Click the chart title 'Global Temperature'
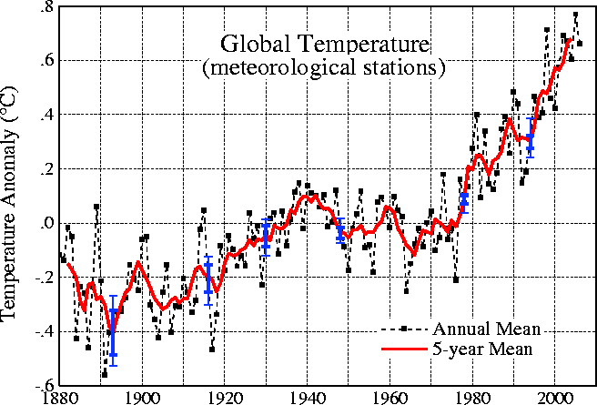pos(324,43)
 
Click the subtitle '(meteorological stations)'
pos(324,66)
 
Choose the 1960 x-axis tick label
pos(389,397)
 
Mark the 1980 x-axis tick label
pos(471,397)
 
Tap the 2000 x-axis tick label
pos(553,397)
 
